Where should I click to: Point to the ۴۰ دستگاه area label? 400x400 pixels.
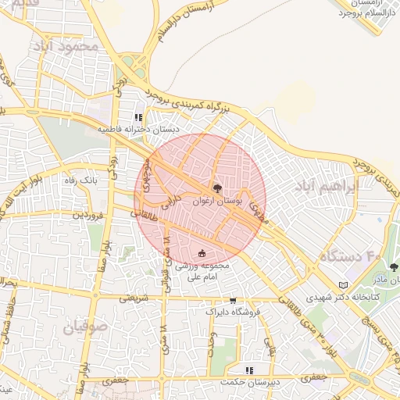[x=351, y=256]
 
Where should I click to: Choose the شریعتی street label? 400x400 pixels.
[x=132, y=298]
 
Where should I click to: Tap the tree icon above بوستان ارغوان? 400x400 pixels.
[x=217, y=188]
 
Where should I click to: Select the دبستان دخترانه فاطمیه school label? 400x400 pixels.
[x=138, y=129]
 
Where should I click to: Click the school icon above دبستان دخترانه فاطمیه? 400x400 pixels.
[x=138, y=117]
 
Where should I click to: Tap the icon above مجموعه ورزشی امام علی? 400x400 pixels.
[x=203, y=253]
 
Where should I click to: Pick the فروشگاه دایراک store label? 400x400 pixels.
[x=232, y=312]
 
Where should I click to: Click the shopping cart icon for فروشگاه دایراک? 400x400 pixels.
[x=232, y=300]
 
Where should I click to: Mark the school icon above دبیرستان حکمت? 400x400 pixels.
[x=249, y=370]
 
